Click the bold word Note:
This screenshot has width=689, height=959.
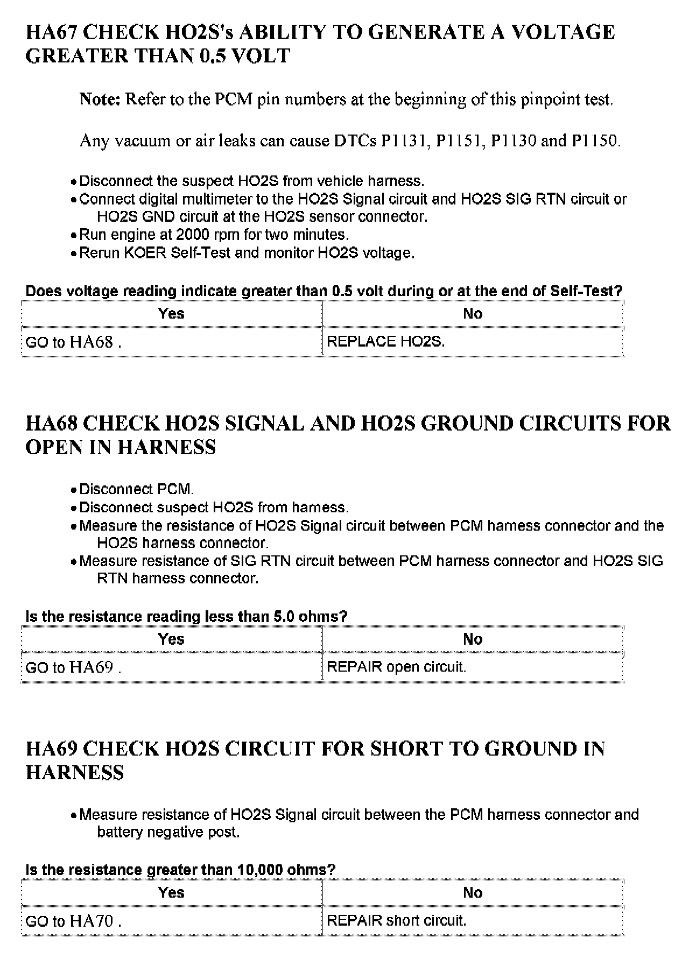point(100,99)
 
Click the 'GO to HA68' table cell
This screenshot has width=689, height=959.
point(73,342)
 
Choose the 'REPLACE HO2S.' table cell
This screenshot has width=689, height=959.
point(385,342)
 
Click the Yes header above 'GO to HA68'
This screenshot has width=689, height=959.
point(171,314)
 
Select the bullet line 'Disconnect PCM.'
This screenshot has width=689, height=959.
point(136,490)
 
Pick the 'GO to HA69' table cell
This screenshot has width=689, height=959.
point(73,668)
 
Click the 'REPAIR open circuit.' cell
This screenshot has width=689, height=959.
point(396,667)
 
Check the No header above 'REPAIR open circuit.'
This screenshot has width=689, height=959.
point(473,639)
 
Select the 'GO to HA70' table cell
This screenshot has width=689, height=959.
point(73,921)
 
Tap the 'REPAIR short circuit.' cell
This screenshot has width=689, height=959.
point(396,921)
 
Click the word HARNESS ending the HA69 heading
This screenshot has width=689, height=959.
point(75,773)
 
